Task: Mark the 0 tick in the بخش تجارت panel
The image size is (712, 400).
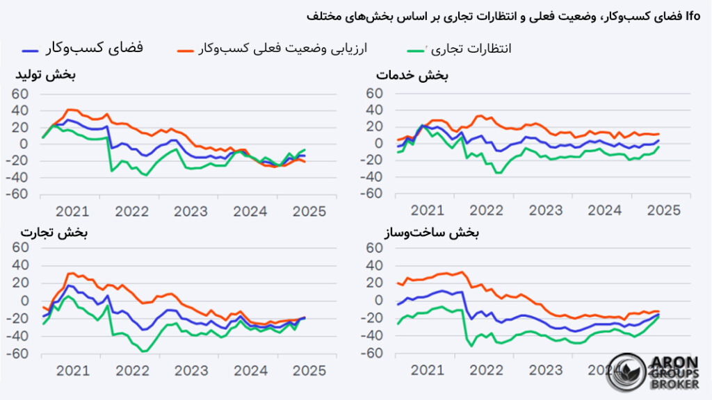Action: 24,301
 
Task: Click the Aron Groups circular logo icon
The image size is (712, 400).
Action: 626,372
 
